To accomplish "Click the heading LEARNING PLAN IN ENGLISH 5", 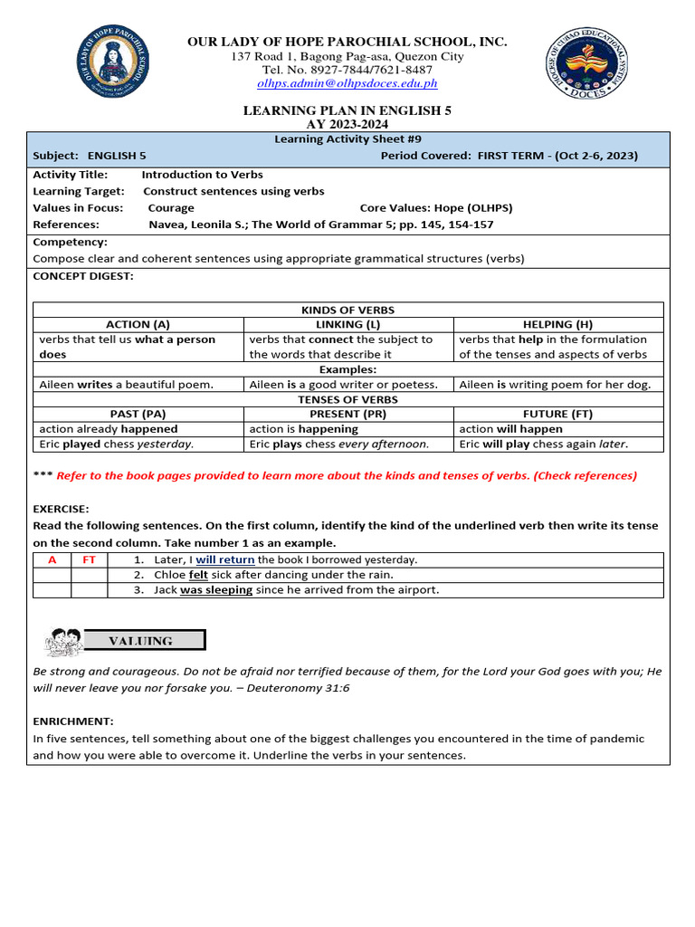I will coord(347,110).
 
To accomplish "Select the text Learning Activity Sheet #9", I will coord(347,139).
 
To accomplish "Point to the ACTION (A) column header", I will coord(138,324).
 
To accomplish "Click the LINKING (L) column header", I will coord(347,324).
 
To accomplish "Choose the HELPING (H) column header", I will coord(557,324).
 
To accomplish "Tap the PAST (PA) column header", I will coord(138,414).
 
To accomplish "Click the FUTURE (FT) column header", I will coord(557,414).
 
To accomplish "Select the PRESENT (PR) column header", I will coord(347,414).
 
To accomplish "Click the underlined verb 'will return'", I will coord(224,560).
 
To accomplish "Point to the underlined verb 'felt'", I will coord(198,575).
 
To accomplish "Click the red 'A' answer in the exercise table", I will coord(52,560).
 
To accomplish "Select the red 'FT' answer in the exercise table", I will coord(89,560).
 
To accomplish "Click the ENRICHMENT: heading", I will coord(73,722).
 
